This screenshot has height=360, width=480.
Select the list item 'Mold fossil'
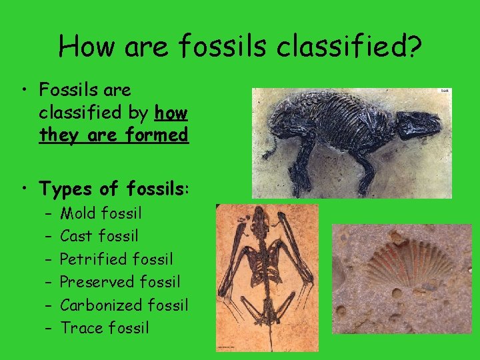[101, 213]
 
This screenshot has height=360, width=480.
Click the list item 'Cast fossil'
[99, 236]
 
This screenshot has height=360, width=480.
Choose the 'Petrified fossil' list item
[117, 259]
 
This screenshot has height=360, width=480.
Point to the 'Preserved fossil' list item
[120, 282]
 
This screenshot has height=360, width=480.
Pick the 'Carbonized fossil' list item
[124, 305]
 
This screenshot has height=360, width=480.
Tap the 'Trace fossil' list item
[105, 328]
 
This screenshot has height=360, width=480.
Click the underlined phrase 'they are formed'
[113, 135]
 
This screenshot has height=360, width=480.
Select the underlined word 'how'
[171, 113]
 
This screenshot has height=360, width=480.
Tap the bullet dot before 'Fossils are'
[23, 90]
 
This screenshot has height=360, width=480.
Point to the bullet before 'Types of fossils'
[23, 189]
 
